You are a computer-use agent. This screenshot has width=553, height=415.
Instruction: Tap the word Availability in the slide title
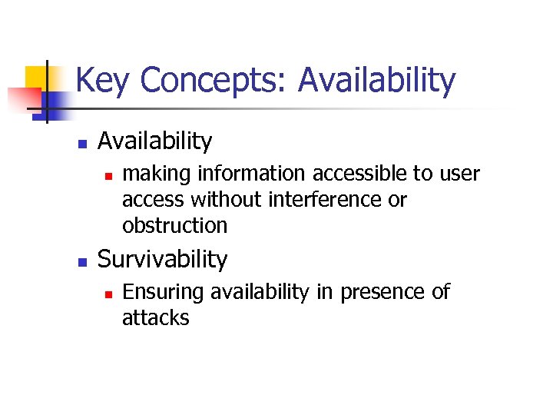pos(376,81)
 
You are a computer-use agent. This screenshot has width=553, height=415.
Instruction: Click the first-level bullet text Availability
pos(154,141)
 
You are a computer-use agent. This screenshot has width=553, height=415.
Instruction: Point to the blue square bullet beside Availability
pos(81,143)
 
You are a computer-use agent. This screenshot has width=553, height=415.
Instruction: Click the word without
pos(227,200)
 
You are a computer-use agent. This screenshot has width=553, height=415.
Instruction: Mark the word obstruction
pos(174,226)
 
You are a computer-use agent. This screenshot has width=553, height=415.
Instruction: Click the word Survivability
pos(162,260)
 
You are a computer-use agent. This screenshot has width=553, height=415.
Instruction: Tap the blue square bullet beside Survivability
pos(81,261)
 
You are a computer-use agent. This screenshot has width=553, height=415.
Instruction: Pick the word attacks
pos(155,318)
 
